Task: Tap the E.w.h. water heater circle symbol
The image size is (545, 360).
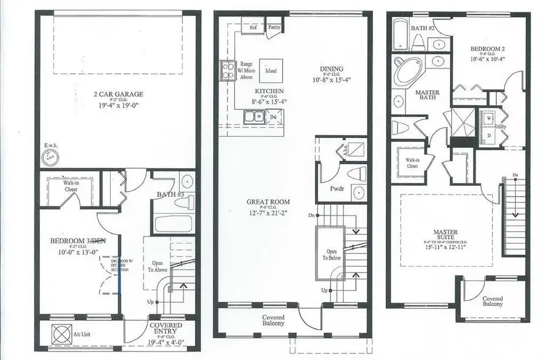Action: pos(50,157)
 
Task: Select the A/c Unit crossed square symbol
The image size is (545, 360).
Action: pos(61,334)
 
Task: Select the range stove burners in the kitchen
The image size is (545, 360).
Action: pos(228,71)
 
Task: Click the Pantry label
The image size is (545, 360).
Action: pos(274,27)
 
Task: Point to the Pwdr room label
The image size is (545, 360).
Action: pos(337,188)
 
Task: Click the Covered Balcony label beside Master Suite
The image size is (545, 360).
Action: pos(492,301)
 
